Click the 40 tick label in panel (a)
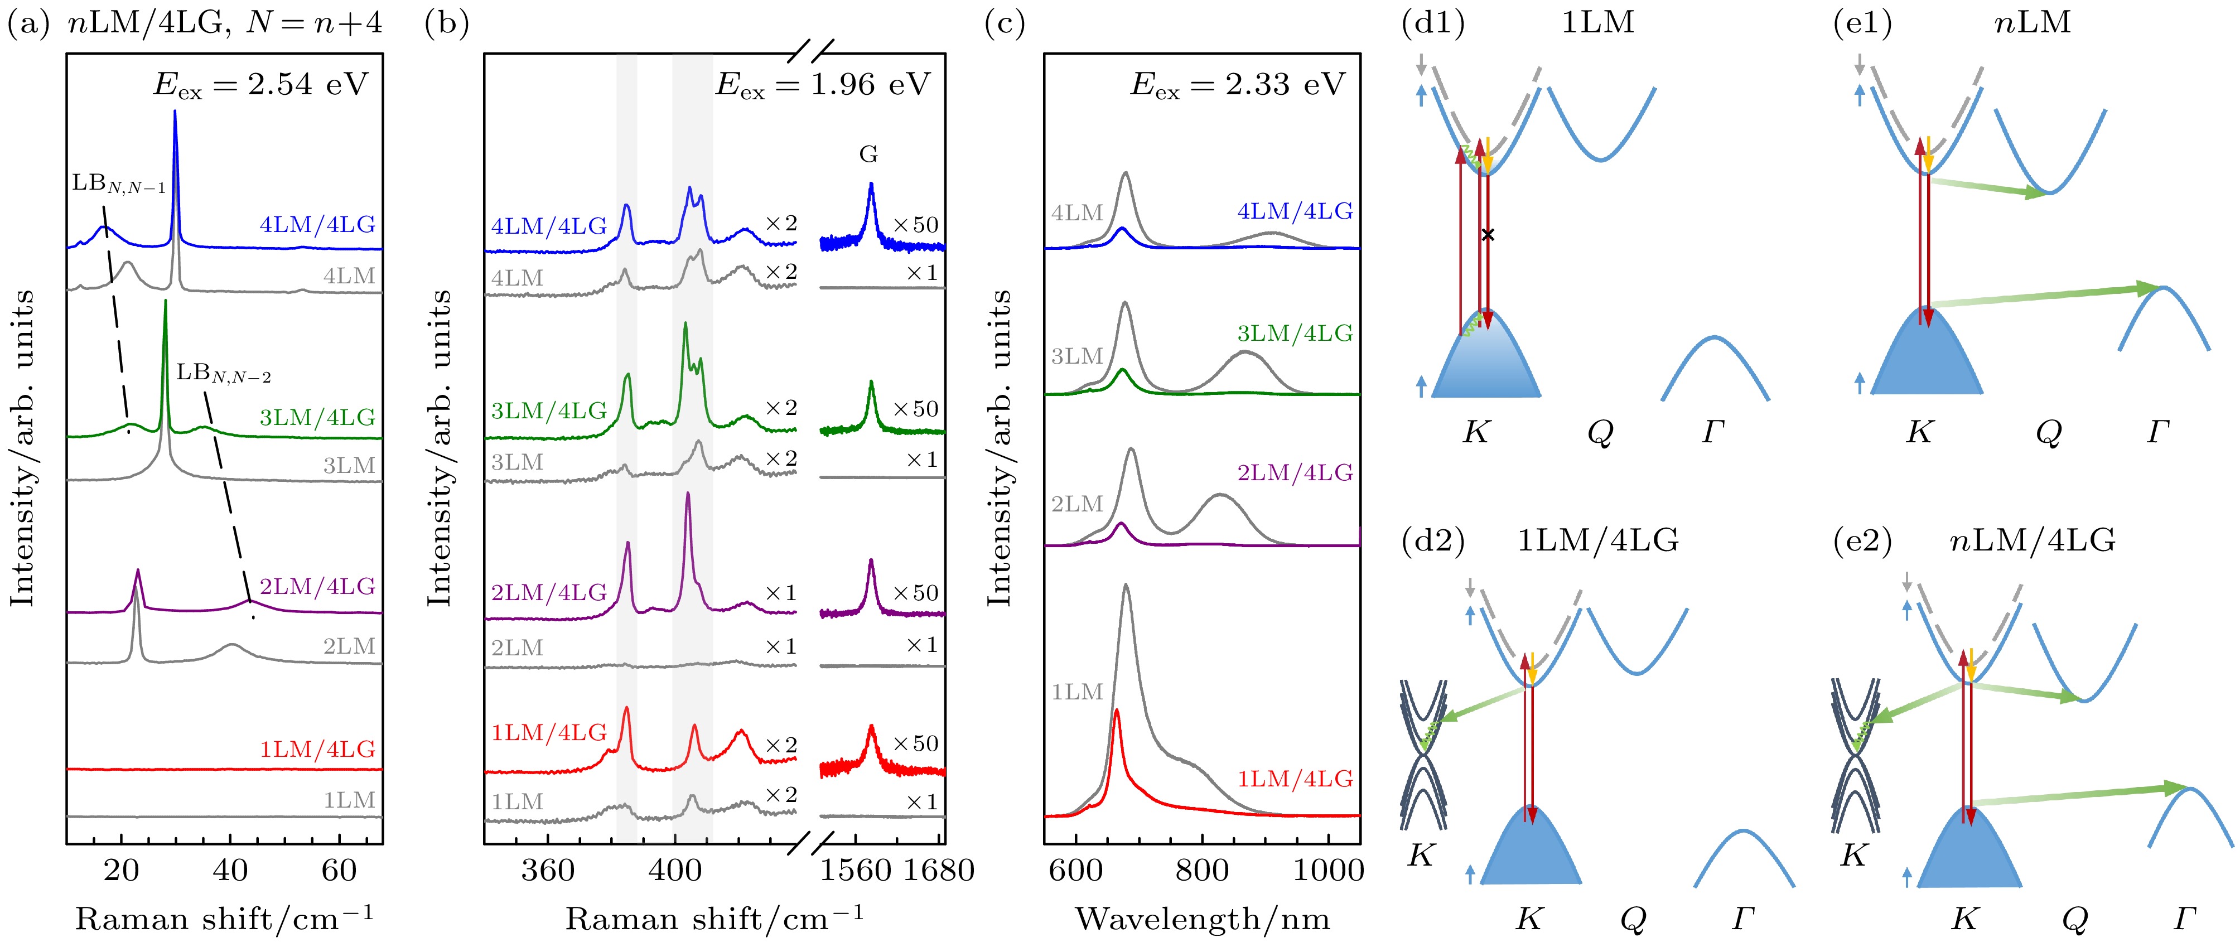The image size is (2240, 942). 230,870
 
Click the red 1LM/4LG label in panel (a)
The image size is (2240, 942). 317,749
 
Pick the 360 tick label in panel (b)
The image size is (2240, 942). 548,870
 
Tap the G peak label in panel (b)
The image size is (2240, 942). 868,155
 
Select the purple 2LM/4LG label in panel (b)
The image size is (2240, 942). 549,592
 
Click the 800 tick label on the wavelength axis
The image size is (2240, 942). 1202,870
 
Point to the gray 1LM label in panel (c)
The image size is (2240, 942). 1076,692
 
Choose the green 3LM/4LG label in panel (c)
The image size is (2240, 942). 1295,333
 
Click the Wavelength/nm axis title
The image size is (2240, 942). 1203,919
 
